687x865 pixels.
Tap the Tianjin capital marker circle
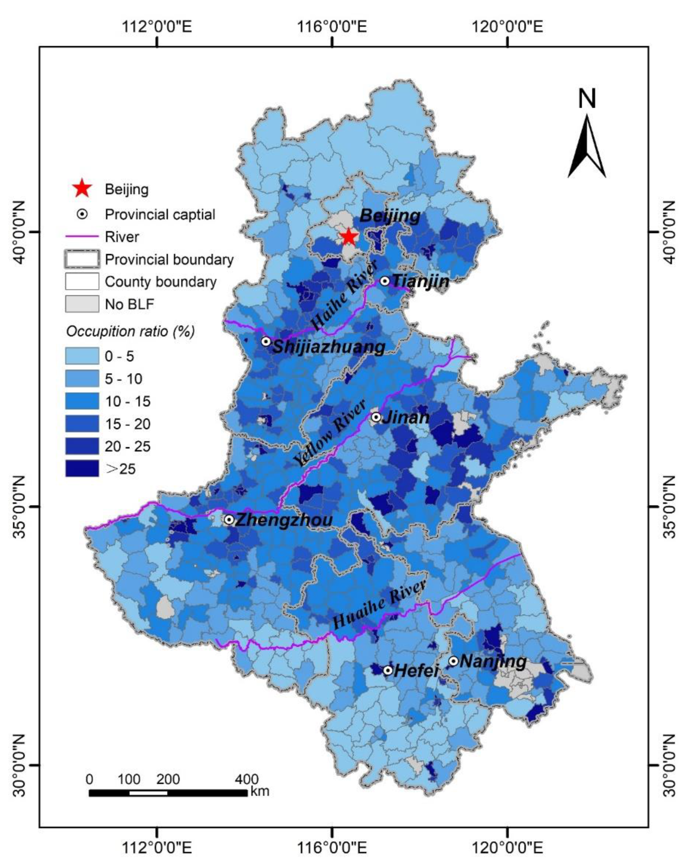(385, 281)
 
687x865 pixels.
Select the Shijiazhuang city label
(328, 347)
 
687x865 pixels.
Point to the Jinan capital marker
(376, 417)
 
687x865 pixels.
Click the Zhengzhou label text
(284, 520)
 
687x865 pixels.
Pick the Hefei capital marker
(388, 670)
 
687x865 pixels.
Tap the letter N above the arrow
(587, 99)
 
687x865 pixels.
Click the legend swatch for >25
(82, 468)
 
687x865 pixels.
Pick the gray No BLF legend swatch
(82, 304)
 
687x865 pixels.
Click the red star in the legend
(82, 188)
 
